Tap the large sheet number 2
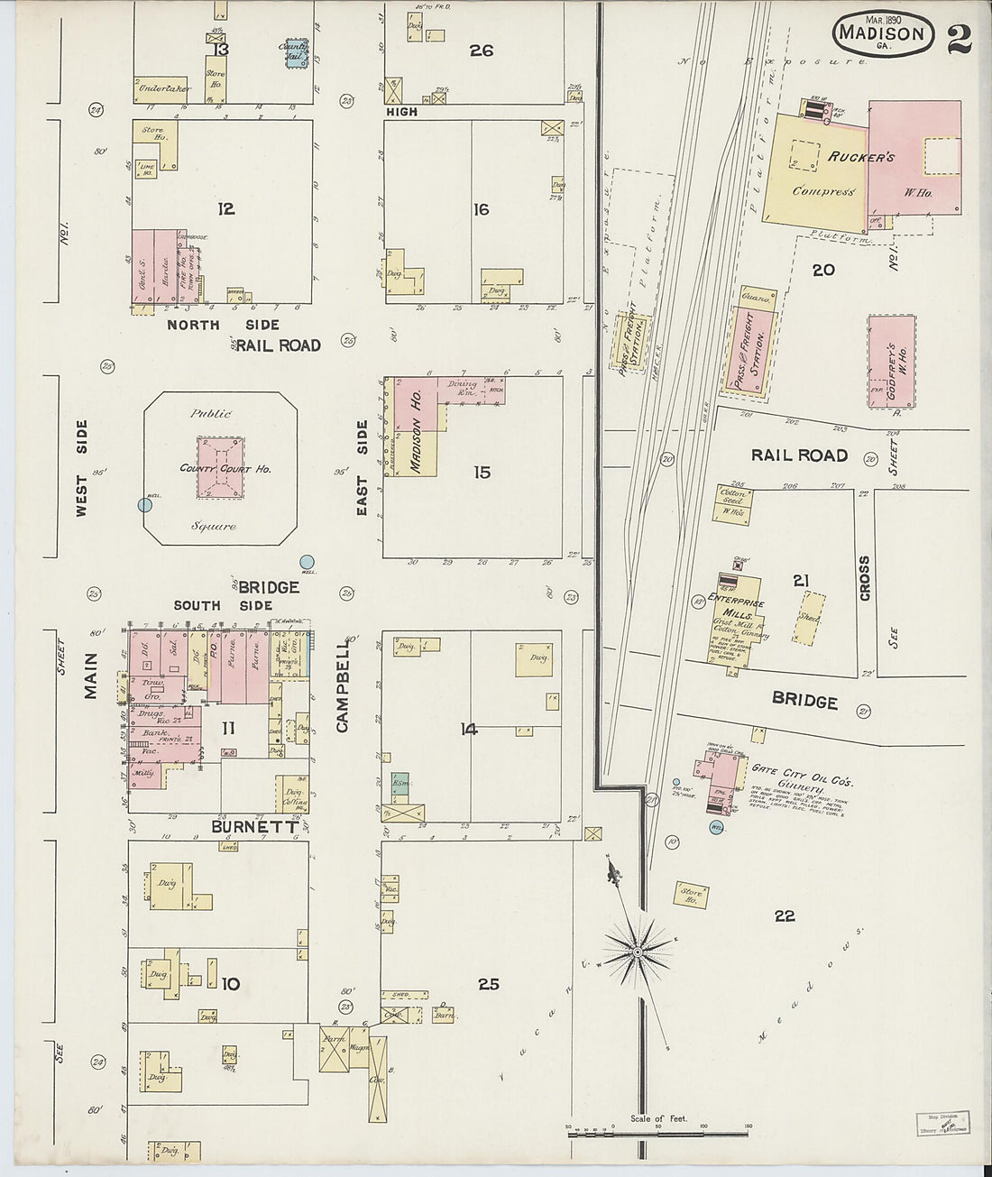coord(959,38)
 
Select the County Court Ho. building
coord(219,468)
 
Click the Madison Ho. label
coord(417,428)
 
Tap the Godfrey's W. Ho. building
coord(891,362)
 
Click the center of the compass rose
coord(637,952)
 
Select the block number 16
coord(481,209)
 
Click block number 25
coord(488,984)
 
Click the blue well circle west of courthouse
coord(144,506)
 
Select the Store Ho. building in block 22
coord(693,896)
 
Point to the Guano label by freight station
coord(755,298)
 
